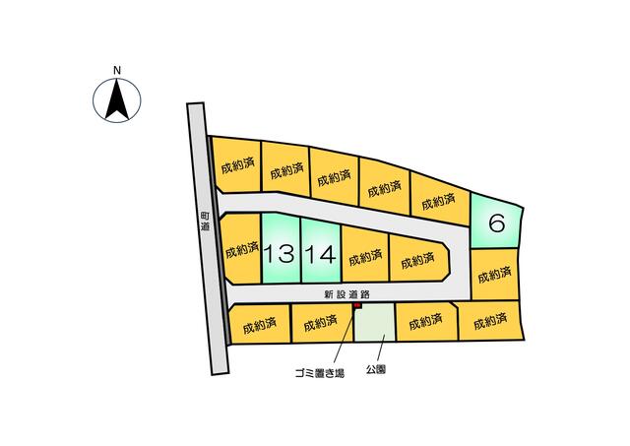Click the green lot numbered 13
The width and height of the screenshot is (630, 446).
(x=281, y=249)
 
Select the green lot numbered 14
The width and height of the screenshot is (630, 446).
(x=321, y=251)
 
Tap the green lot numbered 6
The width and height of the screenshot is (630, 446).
(x=496, y=223)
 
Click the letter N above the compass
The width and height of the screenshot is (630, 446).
(x=117, y=71)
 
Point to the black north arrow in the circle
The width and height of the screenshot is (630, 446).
(x=117, y=99)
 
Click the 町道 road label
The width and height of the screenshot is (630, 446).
(x=206, y=222)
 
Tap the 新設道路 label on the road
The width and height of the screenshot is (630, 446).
(x=346, y=294)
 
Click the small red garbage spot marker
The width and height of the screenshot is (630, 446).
(x=357, y=306)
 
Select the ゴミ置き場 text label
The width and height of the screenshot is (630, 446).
(x=319, y=373)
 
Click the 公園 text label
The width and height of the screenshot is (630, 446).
(x=376, y=369)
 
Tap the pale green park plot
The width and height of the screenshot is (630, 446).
(x=375, y=323)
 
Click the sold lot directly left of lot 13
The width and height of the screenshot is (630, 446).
(x=241, y=249)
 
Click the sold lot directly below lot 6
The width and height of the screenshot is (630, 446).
(x=494, y=275)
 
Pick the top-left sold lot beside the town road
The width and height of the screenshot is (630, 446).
(x=237, y=165)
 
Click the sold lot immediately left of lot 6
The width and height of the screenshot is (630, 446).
(x=440, y=199)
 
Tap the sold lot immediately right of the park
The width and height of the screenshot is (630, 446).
(x=426, y=322)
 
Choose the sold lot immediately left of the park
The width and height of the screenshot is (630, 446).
(x=322, y=324)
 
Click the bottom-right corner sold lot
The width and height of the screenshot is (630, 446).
(x=490, y=321)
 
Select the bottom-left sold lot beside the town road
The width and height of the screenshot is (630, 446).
(x=259, y=325)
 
